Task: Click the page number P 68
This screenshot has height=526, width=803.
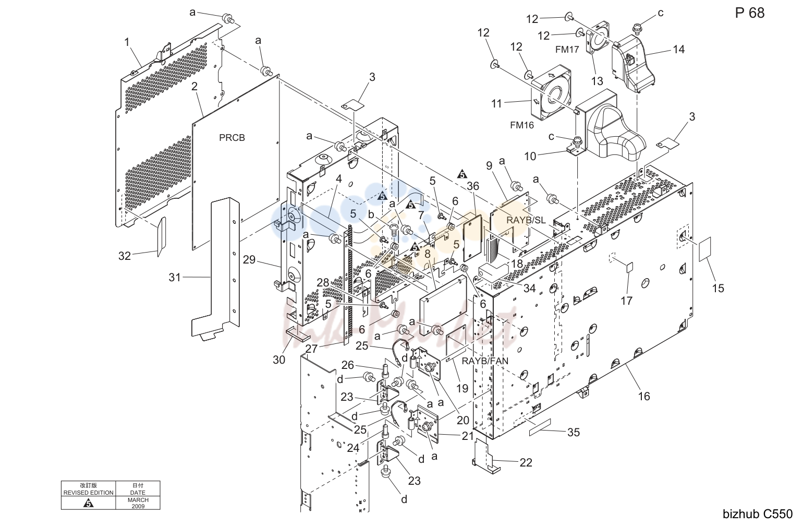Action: pos(750,13)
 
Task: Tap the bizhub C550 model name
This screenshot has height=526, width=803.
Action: pos(758,514)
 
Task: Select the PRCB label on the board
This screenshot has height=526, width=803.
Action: pos(232,138)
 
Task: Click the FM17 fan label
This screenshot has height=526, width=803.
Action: pos(567,50)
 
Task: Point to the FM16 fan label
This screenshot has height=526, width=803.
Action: pos(522,125)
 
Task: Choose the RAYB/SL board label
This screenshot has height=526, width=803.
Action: pos(526,220)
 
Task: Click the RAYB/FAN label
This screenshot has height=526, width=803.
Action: pos(485,361)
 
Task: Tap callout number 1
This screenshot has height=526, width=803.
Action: pos(127,42)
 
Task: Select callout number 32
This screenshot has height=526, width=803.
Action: pos(125,256)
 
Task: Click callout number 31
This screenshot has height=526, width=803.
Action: pos(175,278)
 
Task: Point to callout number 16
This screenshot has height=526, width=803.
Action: pos(644,396)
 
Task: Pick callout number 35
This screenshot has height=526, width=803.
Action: pos(574,433)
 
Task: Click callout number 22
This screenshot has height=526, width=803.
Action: pos(526,462)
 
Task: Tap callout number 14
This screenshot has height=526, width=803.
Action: pos(678,49)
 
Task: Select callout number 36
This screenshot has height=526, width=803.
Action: pos(473,186)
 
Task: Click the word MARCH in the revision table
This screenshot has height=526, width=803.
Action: pos(138,500)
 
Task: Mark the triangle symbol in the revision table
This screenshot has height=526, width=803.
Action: pos(88,503)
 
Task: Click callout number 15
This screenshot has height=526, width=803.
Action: pos(718,288)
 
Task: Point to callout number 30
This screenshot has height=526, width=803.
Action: pos(279,360)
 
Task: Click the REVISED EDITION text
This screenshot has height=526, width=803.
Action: pos(89,493)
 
